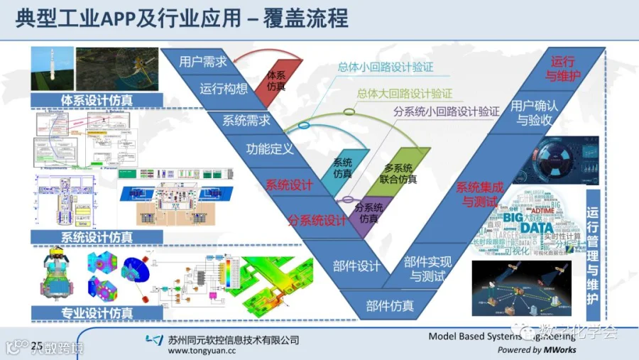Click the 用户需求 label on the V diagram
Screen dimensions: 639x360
[203, 62]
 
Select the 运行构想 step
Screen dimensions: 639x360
[224, 89]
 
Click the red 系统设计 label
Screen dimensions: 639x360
[289, 185]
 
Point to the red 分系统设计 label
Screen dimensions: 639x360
[316, 220]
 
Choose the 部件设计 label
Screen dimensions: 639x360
[356, 266]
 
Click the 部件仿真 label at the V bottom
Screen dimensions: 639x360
[390, 306]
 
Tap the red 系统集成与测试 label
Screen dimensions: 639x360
[480, 195]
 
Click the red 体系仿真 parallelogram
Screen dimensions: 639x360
[277, 80]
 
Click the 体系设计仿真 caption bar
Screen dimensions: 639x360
[97, 100]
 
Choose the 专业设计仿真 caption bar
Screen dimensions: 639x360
[97, 312]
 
